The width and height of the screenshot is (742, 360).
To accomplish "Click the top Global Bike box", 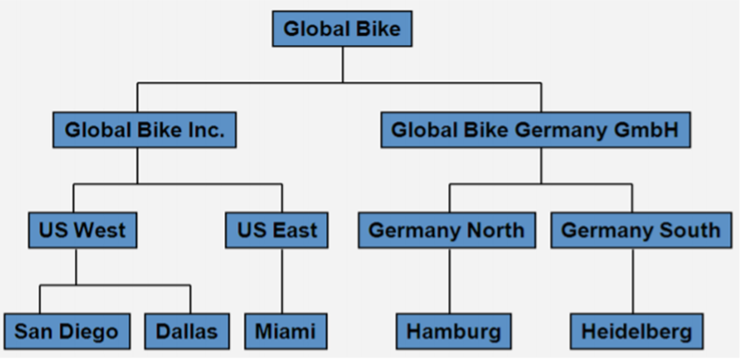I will click(342, 28).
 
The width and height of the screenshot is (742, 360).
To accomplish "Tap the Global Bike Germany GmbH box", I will click(535, 130).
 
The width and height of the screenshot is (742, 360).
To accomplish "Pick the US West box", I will click(76, 230).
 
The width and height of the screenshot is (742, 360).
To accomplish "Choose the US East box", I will click(277, 230).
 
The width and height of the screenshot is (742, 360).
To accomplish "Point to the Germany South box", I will click(640, 230).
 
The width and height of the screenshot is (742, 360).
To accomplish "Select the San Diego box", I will click(67, 331).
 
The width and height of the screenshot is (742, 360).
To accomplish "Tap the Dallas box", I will click(186, 331).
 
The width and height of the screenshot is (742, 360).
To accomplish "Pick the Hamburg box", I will click(453, 331).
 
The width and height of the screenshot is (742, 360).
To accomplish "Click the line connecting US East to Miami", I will click(282, 280).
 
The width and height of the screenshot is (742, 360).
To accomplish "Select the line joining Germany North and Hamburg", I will click(450, 280).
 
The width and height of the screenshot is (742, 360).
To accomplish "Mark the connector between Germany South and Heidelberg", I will click(633, 280).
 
